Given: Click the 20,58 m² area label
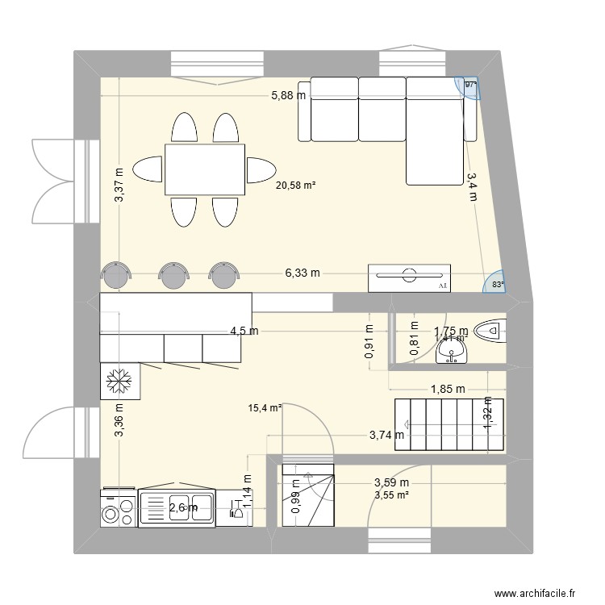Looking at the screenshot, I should coord(295,185).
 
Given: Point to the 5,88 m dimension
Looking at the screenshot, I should coord(288,95).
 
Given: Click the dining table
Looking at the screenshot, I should coord(205,169).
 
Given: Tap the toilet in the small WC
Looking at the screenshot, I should coord(490,331).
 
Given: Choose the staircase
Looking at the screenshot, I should coord(449,424).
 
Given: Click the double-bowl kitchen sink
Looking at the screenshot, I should coord(177,507).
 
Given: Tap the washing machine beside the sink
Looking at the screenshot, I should coord(119,508).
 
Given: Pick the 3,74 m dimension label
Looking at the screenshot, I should coord(386,436).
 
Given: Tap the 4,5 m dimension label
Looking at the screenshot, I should coord(244,331).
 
